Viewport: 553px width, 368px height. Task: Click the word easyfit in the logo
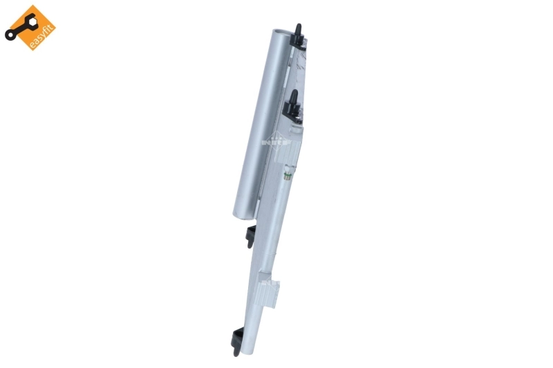[41, 37]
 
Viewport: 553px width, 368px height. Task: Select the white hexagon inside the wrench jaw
[32, 21]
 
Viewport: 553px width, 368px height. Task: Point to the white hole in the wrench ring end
[10, 35]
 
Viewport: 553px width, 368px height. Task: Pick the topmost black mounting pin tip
[298, 26]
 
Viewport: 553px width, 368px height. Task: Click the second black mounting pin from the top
[294, 96]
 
